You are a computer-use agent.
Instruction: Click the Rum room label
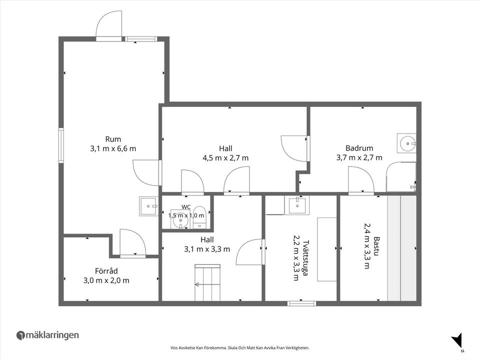click(x=113, y=139)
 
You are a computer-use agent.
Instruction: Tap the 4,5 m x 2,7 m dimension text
click(x=225, y=158)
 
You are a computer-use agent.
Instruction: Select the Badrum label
click(x=359, y=148)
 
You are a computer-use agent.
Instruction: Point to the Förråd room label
click(x=106, y=271)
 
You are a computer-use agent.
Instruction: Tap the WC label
click(x=186, y=207)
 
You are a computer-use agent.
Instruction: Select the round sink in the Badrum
click(x=407, y=143)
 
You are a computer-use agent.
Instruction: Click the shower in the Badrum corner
click(x=401, y=176)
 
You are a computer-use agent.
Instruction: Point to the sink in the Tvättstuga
click(x=296, y=205)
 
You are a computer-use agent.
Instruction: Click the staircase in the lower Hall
click(x=207, y=282)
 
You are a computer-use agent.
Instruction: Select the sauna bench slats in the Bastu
click(x=401, y=248)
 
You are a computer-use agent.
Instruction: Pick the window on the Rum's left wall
click(x=61, y=145)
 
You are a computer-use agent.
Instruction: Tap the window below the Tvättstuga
click(x=301, y=303)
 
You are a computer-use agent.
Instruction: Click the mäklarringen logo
click(x=47, y=335)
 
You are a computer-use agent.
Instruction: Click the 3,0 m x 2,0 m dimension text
click(x=106, y=280)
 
